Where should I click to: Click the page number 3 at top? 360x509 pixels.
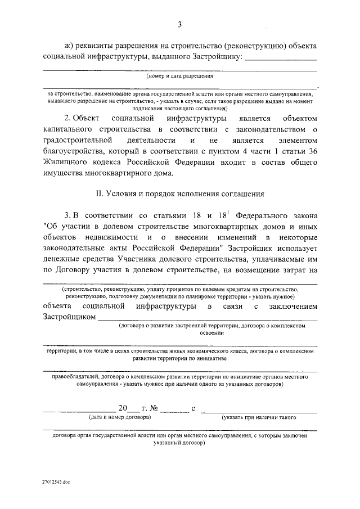click(179, 24)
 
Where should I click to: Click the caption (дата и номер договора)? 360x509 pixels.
click(120, 417)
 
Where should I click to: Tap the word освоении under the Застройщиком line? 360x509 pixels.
click(211, 332)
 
